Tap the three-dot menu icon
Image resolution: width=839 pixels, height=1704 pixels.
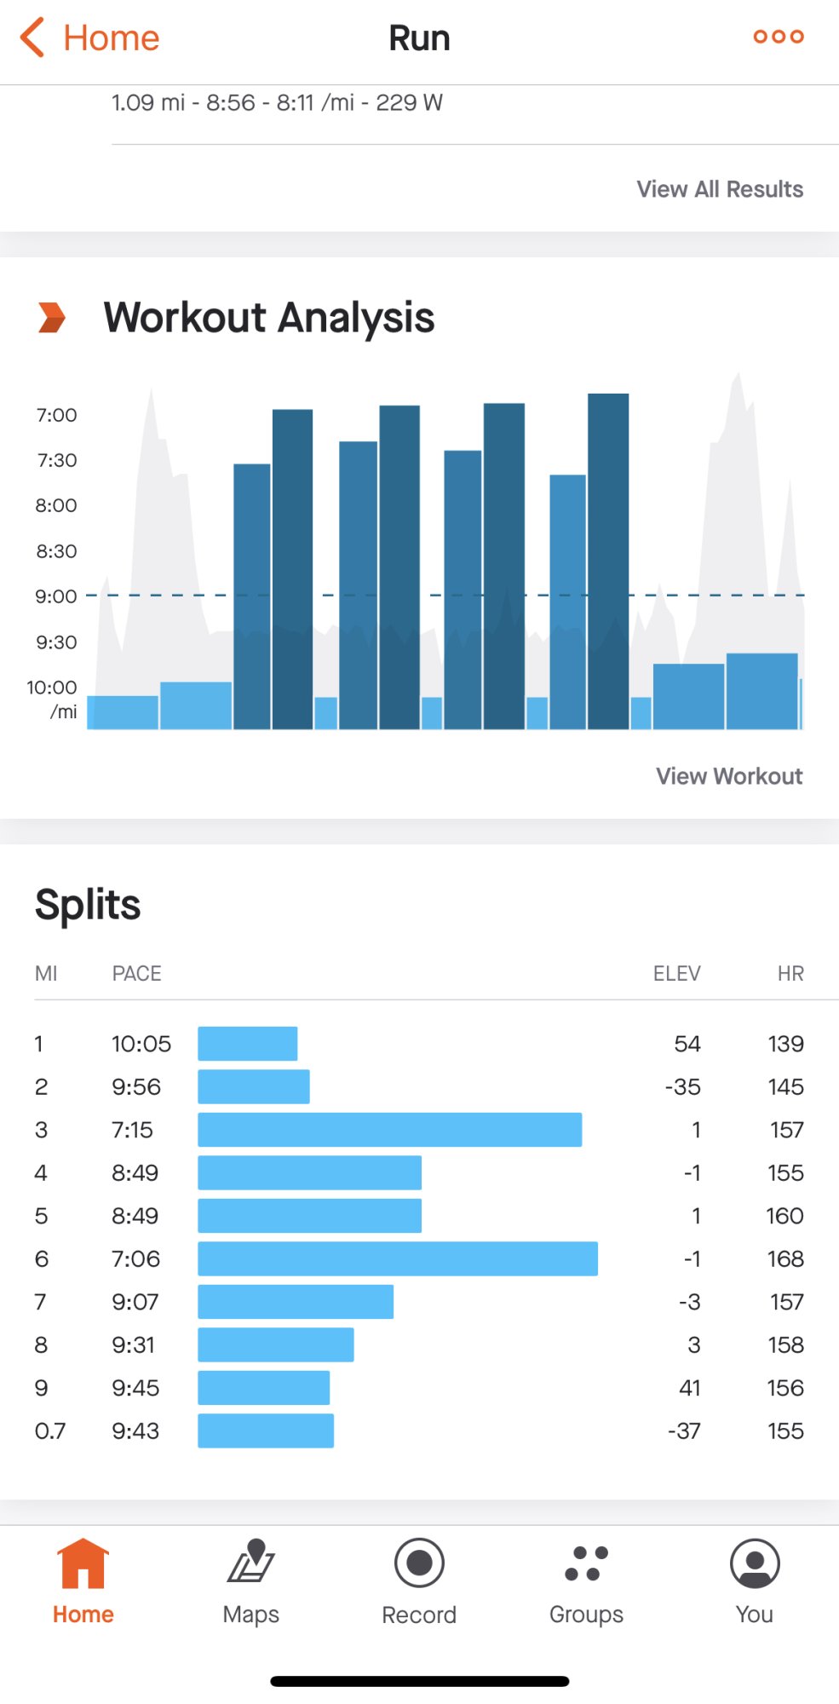(778, 37)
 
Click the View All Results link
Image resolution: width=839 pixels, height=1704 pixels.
(720, 189)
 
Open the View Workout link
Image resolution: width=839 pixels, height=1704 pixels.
(728, 776)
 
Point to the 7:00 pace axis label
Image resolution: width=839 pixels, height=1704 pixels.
(56, 415)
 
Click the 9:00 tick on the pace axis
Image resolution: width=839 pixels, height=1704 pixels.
(56, 596)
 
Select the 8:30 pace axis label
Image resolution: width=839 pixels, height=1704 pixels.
(56, 551)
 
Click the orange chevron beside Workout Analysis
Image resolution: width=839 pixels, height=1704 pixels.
(52, 318)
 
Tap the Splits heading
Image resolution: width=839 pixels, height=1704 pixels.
(88, 905)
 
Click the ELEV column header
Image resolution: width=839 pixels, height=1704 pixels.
(676, 974)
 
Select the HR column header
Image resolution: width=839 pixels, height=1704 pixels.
(790, 974)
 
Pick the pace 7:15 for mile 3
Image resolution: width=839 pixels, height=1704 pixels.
(132, 1130)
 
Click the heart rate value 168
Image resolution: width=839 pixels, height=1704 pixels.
(785, 1258)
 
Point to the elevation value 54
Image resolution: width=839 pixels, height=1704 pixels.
(687, 1044)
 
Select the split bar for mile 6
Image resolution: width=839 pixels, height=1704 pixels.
(397, 1258)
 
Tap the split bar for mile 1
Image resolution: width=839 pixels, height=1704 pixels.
(247, 1044)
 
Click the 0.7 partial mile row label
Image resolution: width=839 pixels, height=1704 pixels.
(50, 1431)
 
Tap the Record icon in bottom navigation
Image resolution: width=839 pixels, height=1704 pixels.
(419, 1563)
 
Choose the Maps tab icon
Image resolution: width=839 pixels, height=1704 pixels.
(251, 1562)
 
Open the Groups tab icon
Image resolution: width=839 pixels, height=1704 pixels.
(586, 1563)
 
